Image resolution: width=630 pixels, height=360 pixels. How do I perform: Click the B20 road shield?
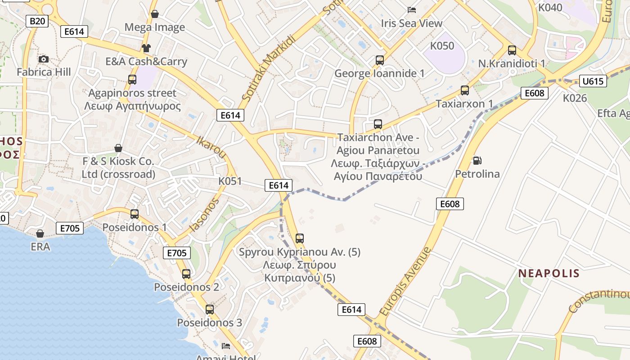(x=38, y=21)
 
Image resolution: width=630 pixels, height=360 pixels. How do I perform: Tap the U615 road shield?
(x=593, y=81)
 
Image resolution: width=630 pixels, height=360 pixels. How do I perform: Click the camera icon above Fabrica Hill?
(x=44, y=59)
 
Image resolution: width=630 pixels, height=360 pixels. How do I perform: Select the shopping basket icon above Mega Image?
(x=155, y=14)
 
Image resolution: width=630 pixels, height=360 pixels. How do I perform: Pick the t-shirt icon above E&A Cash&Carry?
(x=146, y=48)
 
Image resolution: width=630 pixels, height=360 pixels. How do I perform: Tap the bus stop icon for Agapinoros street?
(x=132, y=80)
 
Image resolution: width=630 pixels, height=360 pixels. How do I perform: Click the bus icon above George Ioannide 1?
(x=380, y=60)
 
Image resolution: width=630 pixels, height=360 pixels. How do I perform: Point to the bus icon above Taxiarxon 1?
(x=465, y=90)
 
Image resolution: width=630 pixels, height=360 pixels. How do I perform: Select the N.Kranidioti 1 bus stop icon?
(x=512, y=50)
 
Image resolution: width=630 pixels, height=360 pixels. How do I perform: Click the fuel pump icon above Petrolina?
(x=477, y=160)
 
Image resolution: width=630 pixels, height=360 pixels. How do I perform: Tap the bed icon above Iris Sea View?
(x=412, y=10)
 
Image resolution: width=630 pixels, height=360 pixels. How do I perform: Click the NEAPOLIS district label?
(x=549, y=273)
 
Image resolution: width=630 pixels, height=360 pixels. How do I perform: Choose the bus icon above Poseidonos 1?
(x=135, y=214)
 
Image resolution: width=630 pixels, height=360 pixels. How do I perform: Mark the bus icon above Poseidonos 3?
(x=210, y=310)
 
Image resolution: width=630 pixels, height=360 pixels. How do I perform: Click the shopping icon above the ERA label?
(x=40, y=234)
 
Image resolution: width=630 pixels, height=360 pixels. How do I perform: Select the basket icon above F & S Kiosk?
(x=118, y=148)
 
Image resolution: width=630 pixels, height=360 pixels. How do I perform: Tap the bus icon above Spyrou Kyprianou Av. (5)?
(x=300, y=238)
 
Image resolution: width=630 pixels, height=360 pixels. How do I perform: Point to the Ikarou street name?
(x=211, y=147)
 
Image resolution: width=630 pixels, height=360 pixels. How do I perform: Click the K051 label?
(x=230, y=181)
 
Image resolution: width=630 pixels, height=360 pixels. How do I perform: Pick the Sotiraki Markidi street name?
(x=269, y=67)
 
